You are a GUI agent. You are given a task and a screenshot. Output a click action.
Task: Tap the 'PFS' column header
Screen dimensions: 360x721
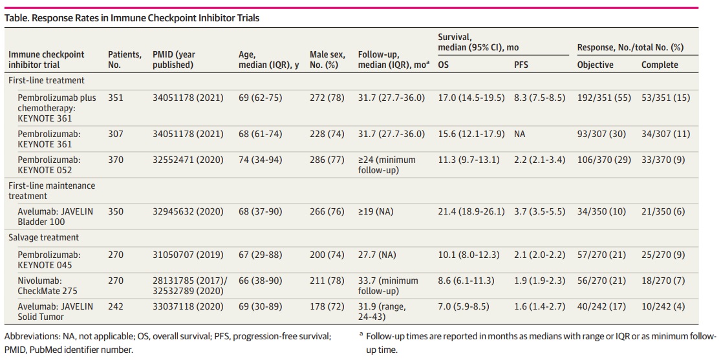click(522, 65)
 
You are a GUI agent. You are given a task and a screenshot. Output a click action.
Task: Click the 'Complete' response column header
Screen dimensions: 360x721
click(660, 65)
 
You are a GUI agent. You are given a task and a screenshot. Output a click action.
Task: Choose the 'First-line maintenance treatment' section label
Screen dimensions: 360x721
click(51, 191)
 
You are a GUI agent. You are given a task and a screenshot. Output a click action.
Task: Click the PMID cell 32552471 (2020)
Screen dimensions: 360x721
click(188, 160)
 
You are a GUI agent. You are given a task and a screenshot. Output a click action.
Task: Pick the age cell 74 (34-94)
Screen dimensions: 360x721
click(260, 160)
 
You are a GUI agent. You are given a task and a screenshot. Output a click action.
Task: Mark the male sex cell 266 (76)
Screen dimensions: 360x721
click(327, 211)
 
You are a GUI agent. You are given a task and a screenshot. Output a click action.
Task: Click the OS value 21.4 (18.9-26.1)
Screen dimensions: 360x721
click(469, 211)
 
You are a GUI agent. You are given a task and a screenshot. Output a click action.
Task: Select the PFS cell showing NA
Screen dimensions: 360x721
click(520, 134)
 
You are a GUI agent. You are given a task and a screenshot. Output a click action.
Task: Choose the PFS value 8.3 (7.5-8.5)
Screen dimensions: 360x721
click(539, 98)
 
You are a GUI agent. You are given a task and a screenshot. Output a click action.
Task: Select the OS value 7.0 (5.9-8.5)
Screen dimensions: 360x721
click(464, 306)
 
